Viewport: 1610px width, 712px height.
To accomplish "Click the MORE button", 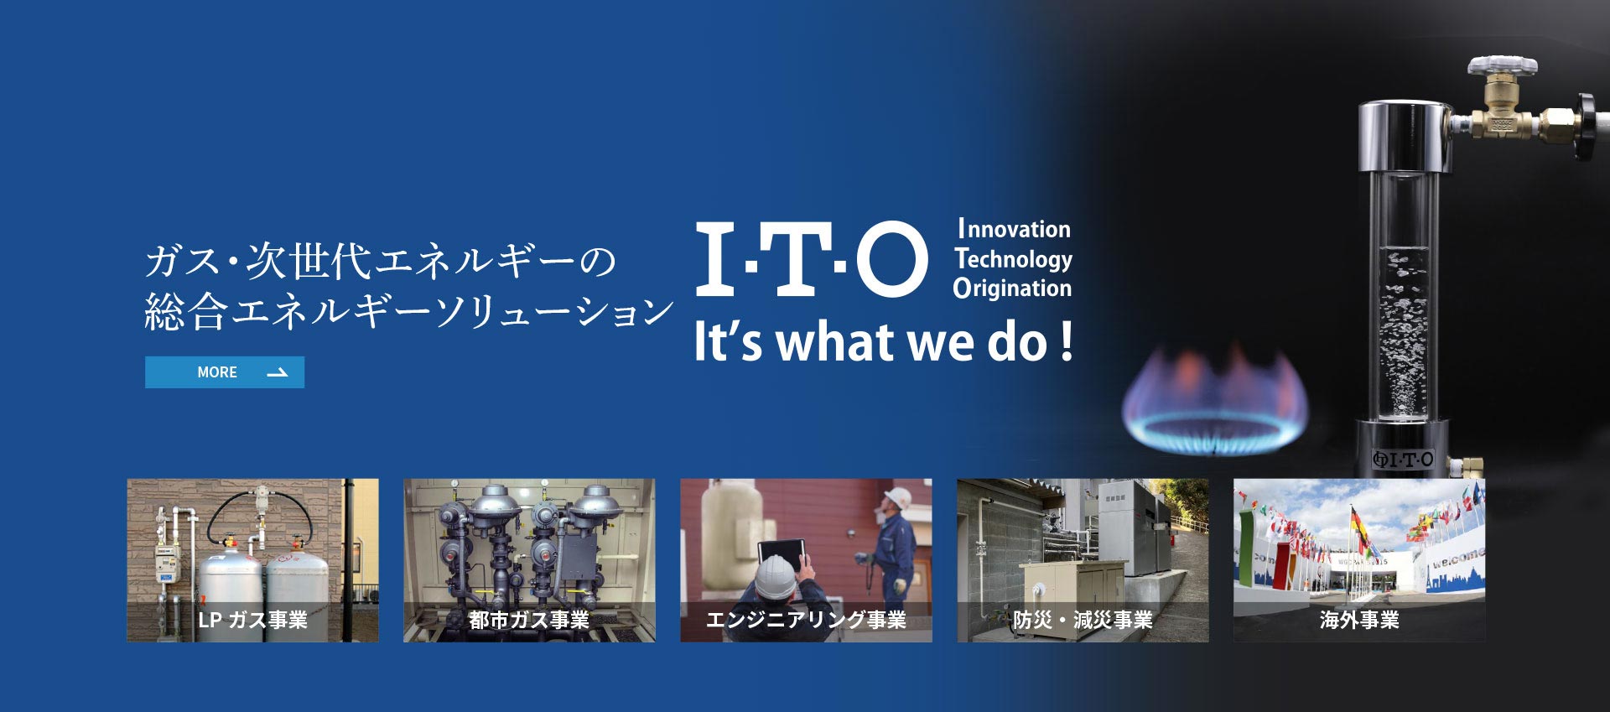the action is pos(225,372).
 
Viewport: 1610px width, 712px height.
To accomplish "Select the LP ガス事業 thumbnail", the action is pos(252,560).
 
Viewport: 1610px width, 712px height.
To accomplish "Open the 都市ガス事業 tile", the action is pos(529,560).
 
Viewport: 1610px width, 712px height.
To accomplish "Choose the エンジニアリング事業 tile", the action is pos(806,560).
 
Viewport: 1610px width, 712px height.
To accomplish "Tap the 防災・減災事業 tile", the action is pos(1083,560).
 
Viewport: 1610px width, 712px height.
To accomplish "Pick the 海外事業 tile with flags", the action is pos(1359,560).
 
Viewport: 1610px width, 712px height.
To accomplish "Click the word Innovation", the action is pos(1014,229).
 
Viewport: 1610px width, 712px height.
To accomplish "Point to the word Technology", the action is pos(1013,259).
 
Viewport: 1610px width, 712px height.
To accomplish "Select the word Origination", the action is pos(1012,288).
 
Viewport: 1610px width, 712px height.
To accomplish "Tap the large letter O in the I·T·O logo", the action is pos(891,258).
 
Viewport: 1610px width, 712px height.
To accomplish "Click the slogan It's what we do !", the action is pos(884,342).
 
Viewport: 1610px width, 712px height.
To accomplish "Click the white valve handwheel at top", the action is pos(1502,65).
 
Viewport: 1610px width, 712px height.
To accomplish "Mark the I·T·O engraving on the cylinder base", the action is pos(1403,459).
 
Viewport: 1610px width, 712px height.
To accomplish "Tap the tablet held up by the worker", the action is pos(782,553).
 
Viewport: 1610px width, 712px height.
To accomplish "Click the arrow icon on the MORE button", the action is pos(277,372).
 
